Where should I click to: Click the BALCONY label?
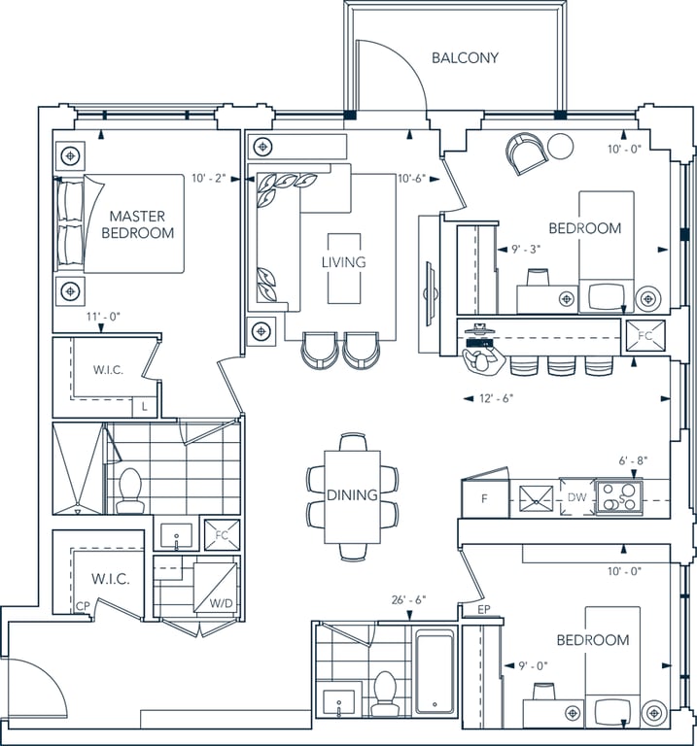(465, 57)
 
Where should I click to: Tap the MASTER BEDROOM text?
(138, 224)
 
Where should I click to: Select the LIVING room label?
(344, 261)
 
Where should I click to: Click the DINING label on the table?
(352, 494)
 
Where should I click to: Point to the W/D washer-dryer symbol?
(215, 588)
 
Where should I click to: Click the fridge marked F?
(485, 498)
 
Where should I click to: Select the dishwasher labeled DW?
(576, 497)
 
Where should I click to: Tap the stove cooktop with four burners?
(619, 497)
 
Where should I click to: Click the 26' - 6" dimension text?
(408, 600)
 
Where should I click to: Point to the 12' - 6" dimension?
(496, 398)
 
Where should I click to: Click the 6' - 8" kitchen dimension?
(633, 460)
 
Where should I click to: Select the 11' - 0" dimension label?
(103, 317)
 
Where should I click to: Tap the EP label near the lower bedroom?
(484, 609)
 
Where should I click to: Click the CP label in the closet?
(83, 606)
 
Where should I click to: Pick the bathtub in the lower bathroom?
(435, 671)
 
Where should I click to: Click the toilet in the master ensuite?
(130, 490)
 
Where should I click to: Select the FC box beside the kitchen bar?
(645, 336)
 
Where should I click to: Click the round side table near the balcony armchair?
(560, 146)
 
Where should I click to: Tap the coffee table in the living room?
(344, 268)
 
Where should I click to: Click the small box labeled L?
(145, 407)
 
